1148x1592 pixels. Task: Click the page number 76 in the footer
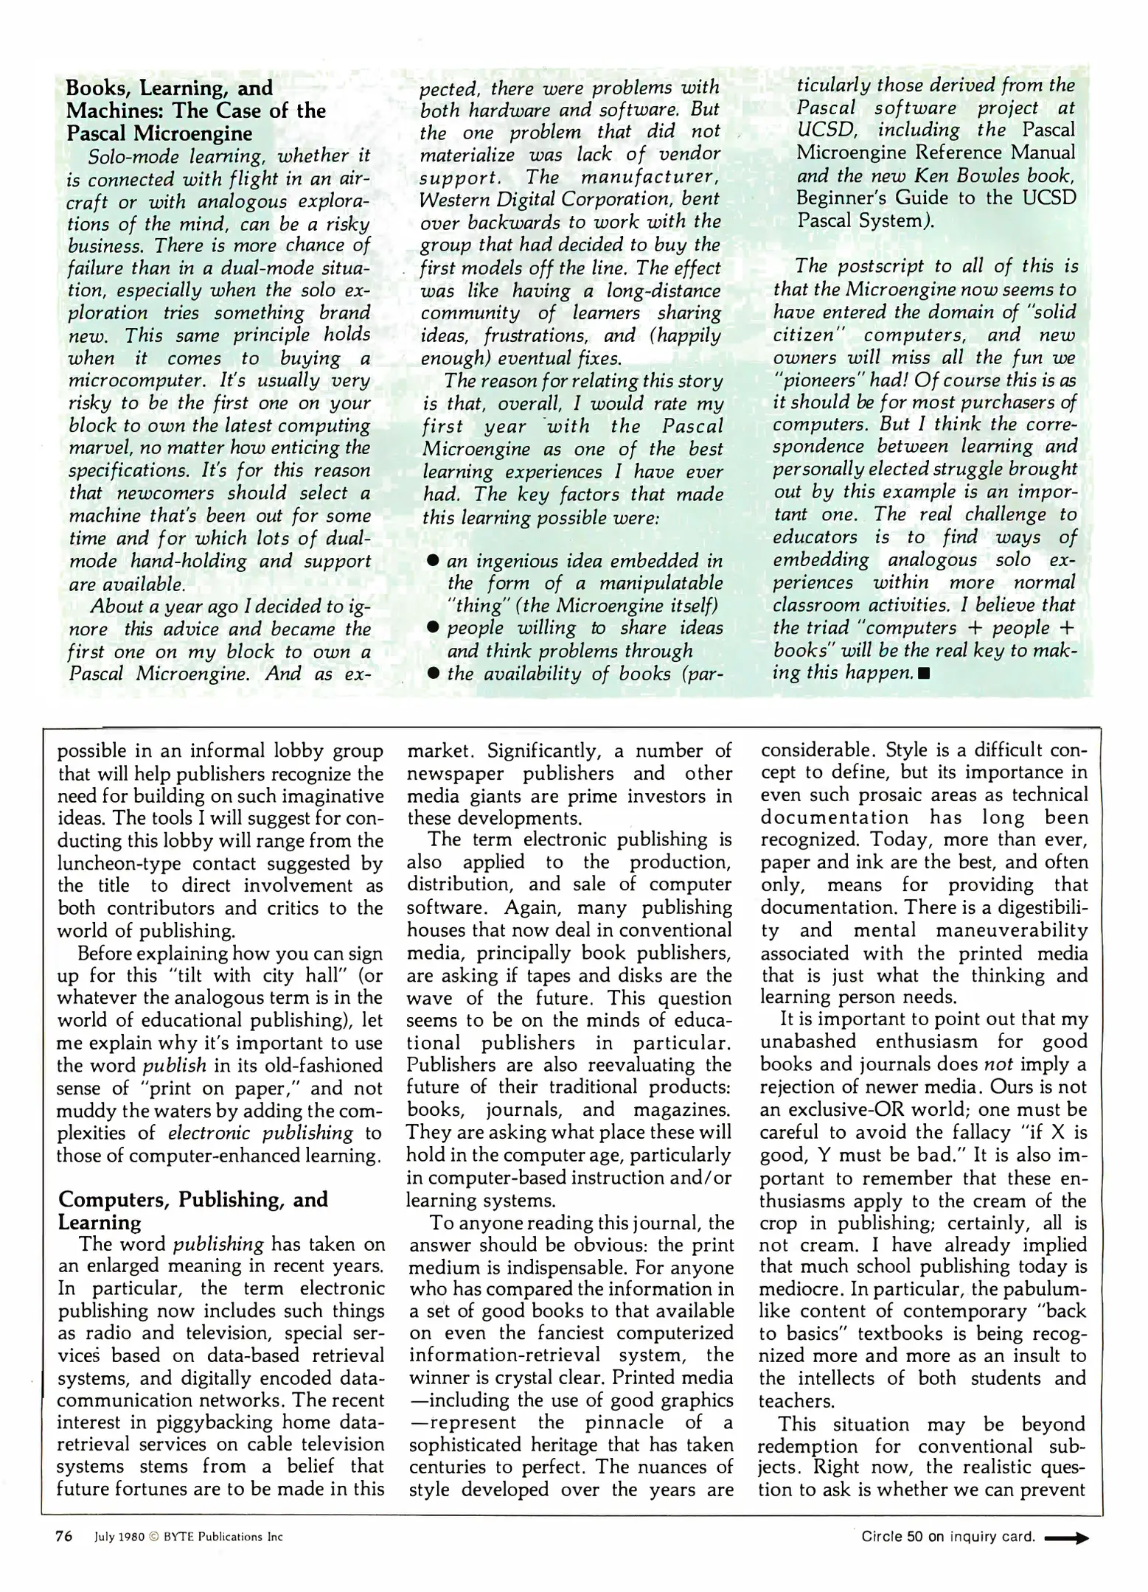pyautogui.click(x=63, y=1537)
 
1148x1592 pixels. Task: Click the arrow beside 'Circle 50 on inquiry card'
pyautogui.click(x=1067, y=1537)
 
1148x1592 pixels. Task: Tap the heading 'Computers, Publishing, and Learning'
pyautogui.click(x=192, y=1210)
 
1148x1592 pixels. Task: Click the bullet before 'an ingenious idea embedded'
pyautogui.click(x=434, y=561)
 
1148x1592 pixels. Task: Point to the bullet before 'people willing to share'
pyautogui.click(x=434, y=628)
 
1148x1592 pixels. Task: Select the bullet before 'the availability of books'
pyautogui.click(x=434, y=673)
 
